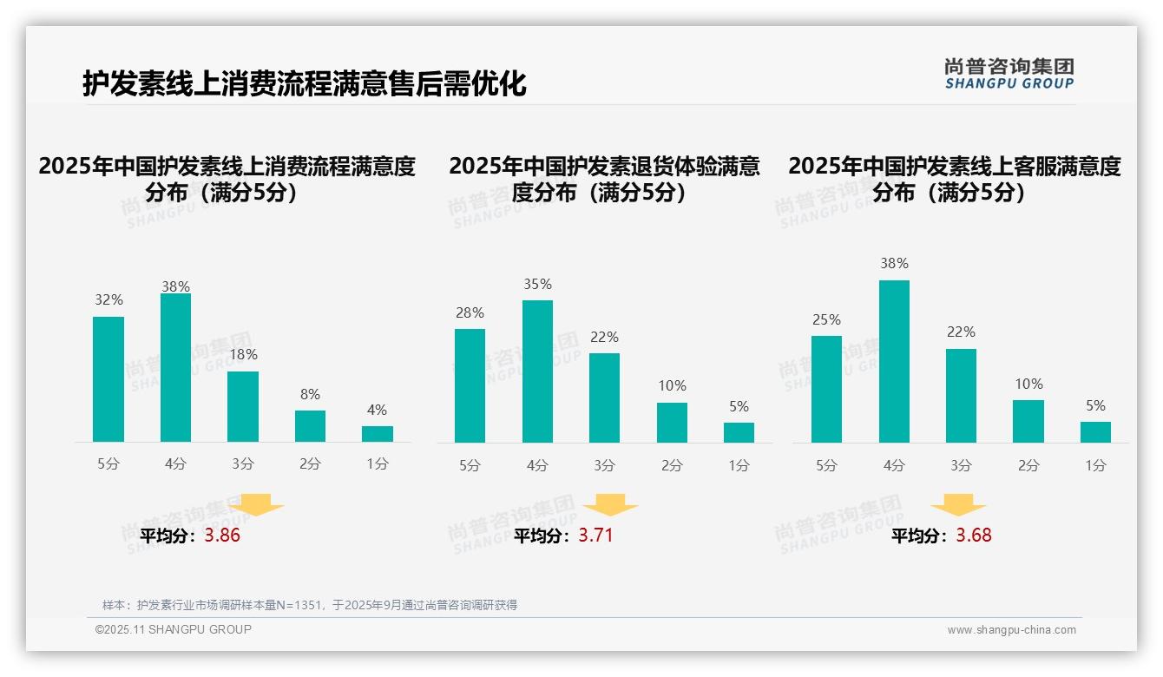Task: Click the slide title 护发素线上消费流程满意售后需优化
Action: point(304,83)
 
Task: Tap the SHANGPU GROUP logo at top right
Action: point(1009,74)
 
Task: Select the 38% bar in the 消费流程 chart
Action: point(175,367)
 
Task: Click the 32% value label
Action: point(108,300)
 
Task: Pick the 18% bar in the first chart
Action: point(243,406)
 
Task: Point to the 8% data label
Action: point(310,393)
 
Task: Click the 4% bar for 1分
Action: point(378,433)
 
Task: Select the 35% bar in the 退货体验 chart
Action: point(537,371)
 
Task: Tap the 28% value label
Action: point(470,313)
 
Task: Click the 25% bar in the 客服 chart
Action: point(826,389)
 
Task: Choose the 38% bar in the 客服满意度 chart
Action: point(894,361)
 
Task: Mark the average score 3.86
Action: point(222,536)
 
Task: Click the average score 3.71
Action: point(595,536)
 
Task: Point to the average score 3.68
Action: point(973,536)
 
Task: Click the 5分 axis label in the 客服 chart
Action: point(826,466)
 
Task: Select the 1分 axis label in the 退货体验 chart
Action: point(739,466)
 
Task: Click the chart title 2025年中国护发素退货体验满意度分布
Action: point(604,179)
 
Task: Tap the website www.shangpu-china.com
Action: point(1011,630)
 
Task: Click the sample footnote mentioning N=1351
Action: point(309,605)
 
